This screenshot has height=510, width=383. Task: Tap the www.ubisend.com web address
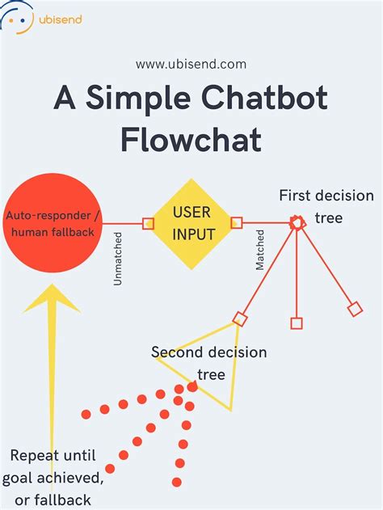191,64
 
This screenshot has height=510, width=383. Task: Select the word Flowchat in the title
191,139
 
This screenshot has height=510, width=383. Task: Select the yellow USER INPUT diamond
192,224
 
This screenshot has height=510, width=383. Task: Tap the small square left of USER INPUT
148,224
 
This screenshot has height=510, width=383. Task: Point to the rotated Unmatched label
118,259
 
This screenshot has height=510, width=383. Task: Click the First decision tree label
326,207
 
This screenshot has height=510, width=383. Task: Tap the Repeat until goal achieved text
57,476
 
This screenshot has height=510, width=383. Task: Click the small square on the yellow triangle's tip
240,318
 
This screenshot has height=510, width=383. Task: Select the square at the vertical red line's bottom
297,323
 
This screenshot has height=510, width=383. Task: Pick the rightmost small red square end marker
355,308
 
